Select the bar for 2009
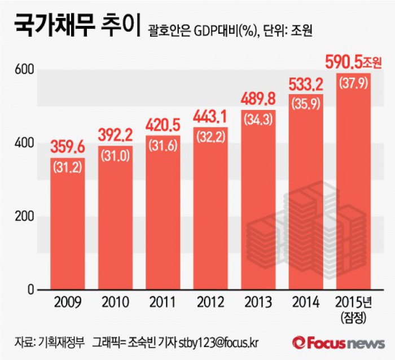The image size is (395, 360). [x=68, y=231]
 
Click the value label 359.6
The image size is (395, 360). [x=68, y=148]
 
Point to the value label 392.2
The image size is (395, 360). [x=115, y=135]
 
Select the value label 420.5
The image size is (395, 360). [x=163, y=125]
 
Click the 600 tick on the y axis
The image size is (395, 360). [x=28, y=69]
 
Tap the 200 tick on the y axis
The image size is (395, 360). [x=28, y=217]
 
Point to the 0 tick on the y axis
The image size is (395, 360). [x=32, y=290]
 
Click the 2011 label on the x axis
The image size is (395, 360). [x=163, y=301]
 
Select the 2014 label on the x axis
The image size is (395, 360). [x=305, y=301]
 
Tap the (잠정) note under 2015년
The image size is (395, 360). [x=353, y=317]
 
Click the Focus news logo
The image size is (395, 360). [x=339, y=343]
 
